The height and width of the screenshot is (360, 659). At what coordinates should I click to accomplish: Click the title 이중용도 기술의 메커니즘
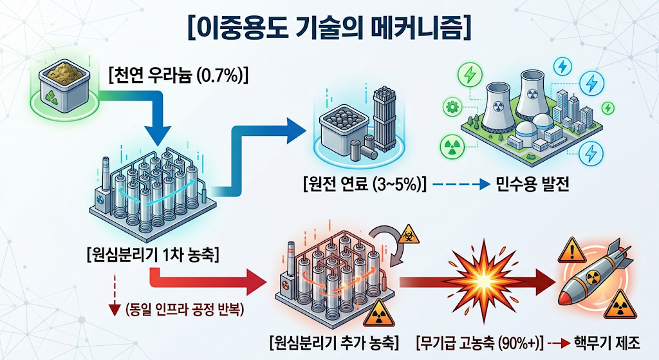(329, 28)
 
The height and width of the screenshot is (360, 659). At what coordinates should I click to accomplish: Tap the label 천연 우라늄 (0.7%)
(178, 76)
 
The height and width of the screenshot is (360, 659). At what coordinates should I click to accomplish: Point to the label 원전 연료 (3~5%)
(365, 184)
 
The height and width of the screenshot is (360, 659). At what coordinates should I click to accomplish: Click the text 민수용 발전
(532, 184)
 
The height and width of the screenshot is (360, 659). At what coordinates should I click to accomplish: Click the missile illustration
(593, 276)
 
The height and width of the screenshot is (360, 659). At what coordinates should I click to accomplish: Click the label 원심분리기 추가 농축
(334, 343)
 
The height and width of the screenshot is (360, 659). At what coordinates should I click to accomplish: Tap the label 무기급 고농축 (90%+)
(479, 343)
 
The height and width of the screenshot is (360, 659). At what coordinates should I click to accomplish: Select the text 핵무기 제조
(607, 343)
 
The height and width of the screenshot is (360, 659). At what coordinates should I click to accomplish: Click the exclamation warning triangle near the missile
(571, 250)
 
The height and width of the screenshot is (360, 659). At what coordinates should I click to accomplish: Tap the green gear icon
(452, 107)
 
